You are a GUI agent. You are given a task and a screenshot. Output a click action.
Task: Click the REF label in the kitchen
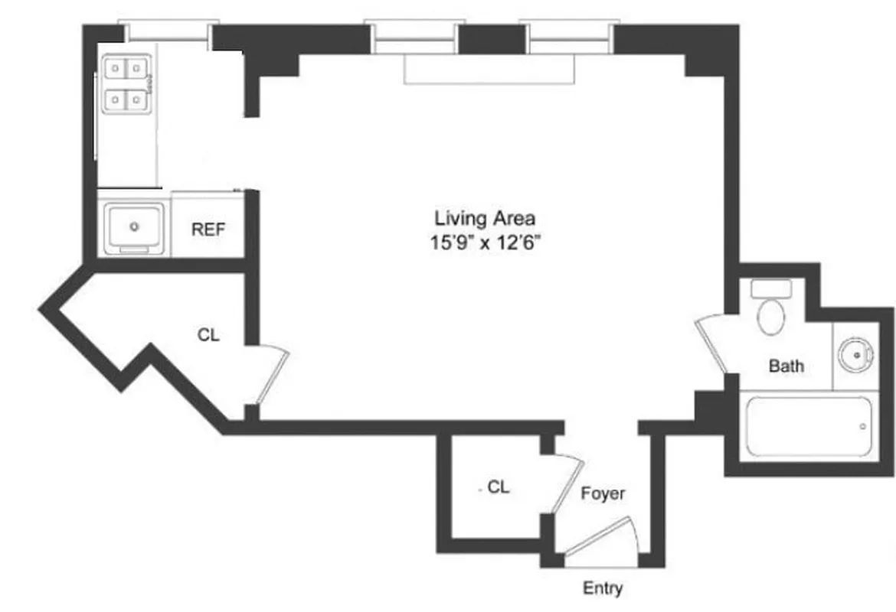coord(208,229)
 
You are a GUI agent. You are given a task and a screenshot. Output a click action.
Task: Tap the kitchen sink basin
coord(135,226)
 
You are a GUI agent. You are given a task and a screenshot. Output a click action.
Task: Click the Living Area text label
coord(484,219)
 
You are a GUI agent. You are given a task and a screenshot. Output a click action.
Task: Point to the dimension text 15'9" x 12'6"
coord(490,243)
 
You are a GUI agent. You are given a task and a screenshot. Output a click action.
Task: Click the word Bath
coord(786,366)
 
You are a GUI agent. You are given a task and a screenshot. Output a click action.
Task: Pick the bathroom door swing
coord(713,345)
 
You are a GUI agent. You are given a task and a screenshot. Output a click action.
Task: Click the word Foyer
coord(602,493)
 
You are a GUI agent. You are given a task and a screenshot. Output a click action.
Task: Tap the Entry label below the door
coord(603,588)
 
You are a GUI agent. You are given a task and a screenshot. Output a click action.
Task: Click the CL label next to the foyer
coord(499,486)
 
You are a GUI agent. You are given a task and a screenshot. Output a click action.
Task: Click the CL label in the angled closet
coord(208,335)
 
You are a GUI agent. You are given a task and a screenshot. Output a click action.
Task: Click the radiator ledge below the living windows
coord(489,70)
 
